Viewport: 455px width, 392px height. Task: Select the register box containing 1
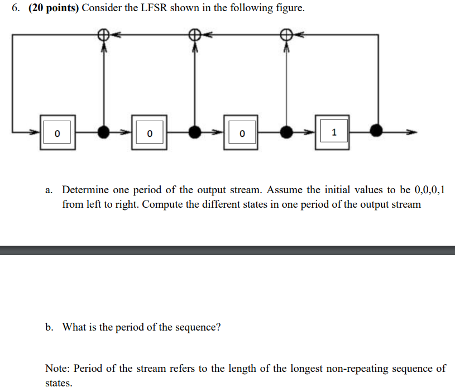333,132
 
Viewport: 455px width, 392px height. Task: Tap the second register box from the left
149,133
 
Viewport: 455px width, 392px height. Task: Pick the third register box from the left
241,133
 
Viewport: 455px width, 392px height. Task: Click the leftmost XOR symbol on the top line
103,35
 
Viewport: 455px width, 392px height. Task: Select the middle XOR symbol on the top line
194,35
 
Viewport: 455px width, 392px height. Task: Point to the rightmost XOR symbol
286,35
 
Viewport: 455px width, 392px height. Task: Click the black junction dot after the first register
103,132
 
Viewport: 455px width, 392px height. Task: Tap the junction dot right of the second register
194,132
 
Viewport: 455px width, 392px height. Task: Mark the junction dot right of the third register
286,132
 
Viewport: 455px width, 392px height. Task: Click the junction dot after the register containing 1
377,132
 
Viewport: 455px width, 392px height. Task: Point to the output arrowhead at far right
412,132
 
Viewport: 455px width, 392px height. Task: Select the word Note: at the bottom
58,369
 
